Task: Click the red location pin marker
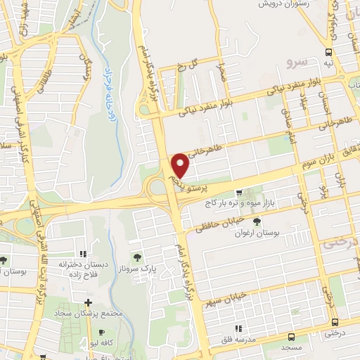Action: [181, 165]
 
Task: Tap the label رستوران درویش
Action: [283, 4]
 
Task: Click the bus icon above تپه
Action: [328, 53]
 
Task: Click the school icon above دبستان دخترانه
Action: [82, 254]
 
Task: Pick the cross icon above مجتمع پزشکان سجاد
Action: [87, 302]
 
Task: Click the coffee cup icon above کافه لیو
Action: [103, 333]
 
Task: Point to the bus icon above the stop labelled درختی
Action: [335, 323]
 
